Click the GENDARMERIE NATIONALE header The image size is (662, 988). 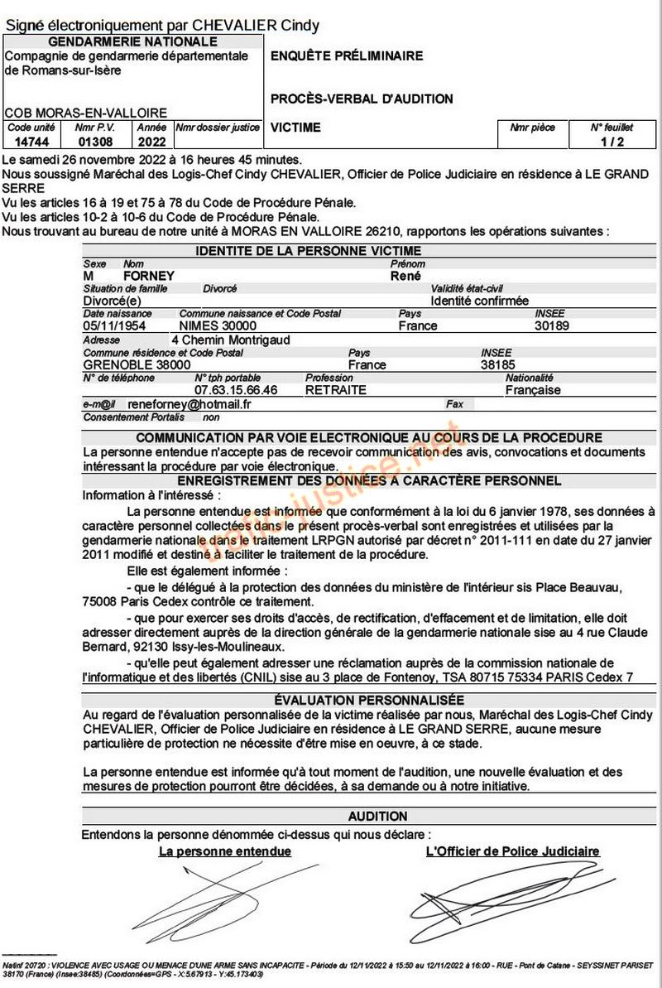point(133,41)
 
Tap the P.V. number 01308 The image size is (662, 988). point(89,142)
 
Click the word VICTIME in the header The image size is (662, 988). point(295,128)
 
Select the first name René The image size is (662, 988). point(405,276)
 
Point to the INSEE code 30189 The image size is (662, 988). point(552,326)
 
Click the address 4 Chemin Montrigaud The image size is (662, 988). point(231,340)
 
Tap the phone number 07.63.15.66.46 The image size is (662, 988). point(236,390)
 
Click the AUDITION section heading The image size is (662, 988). point(377,816)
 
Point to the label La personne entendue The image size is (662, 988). point(224,851)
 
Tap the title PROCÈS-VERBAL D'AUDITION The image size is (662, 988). point(362,99)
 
